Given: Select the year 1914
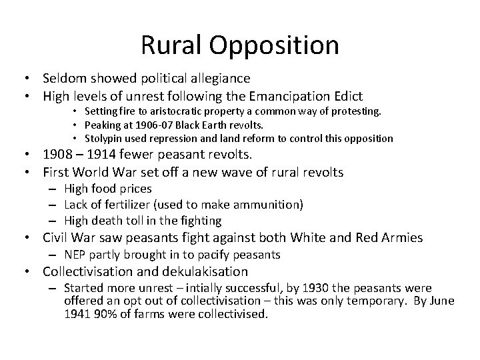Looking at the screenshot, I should click(98, 155).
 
